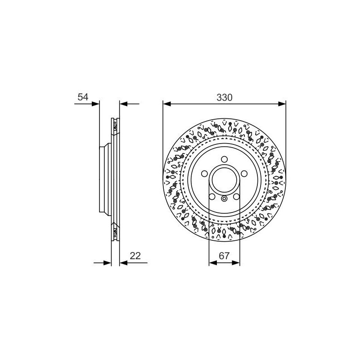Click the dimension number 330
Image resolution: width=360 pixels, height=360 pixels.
[224, 98]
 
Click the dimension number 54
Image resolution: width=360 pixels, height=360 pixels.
[83, 97]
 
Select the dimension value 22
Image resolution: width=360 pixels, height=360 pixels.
[135, 256]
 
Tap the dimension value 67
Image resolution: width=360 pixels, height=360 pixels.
[224, 256]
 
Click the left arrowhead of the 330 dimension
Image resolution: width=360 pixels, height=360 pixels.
[167, 104]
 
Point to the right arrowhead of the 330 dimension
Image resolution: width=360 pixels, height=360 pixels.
[282, 104]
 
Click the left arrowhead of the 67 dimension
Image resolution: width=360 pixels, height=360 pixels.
[213, 263]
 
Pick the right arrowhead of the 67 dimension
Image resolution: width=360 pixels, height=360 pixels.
[236, 263]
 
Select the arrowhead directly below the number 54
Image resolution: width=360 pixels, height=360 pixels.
[95, 104]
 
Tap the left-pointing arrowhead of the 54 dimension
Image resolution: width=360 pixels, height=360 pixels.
[123, 104]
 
